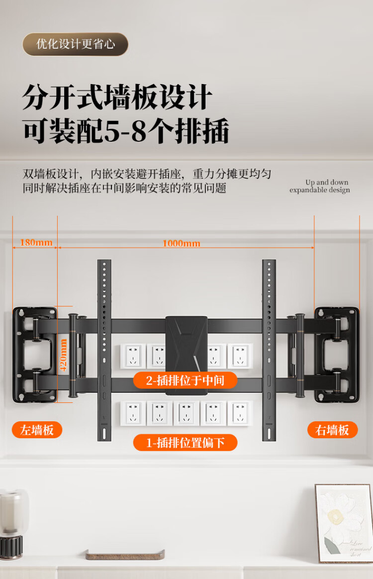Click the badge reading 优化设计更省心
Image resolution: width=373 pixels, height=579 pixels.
pyautogui.click(x=75, y=44)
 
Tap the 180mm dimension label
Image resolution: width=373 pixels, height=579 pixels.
pyautogui.click(x=36, y=243)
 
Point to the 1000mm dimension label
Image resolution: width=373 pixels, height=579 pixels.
pyautogui.click(x=181, y=243)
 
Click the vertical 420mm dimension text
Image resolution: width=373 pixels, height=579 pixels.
pyautogui.click(x=63, y=355)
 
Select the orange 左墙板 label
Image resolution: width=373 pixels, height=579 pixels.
pyautogui.click(x=37, y=430)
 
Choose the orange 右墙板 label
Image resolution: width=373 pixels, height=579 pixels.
pyautogui.click(x=332, y=430)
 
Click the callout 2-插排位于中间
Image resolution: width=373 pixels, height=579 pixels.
pyautogui.click(x=185, y=381)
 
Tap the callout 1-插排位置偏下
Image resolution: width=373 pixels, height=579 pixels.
pyautogui.click(x=185, y=443)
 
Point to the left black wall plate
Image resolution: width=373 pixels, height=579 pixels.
pyautogui.click(x=34, y=354)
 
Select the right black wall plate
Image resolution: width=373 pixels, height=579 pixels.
pyautogui.click(x=337, y=354)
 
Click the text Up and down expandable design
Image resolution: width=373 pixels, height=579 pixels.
pyautogui.click(x=320, y=186)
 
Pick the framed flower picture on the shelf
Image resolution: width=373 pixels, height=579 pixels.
pyautogui.click(x=344, y=523)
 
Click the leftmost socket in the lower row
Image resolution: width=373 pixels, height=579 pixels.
pyautogui.click(x=133, y=413)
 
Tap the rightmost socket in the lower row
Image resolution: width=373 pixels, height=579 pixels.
pyautogui.click(x=240, y=413)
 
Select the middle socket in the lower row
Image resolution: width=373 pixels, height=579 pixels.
pyautogui.click(x=186, y=413)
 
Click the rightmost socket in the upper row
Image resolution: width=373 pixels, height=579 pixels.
pyautogui.click(x=240, y=355)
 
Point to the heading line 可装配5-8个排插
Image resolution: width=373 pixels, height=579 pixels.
pyautogui.click(x=126, y=131)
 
